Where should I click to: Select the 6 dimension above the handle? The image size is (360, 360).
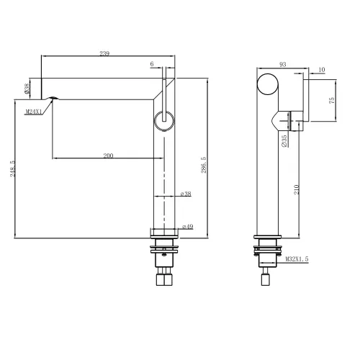click(x=153, y=64)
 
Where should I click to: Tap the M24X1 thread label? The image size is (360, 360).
click(x=35, y=112)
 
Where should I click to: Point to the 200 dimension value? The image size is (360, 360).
click(x=109, y=155)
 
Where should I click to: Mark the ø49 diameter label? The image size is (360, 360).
click(x=187, y=227)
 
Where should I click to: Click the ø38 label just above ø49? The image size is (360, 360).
click(x=185, y=194)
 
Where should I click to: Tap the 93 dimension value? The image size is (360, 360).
click(x=283, y=65)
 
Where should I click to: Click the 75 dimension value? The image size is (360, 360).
click(x=330, y=102)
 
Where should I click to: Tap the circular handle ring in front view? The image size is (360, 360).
click(x=163, y=120)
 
